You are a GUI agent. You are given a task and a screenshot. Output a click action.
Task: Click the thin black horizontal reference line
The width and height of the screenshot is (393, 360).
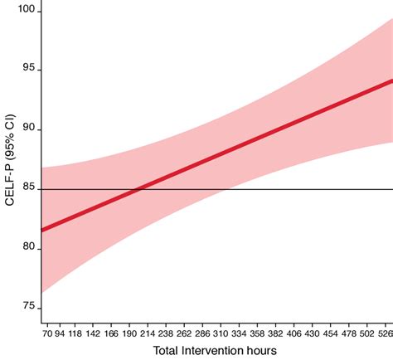point(332,189)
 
